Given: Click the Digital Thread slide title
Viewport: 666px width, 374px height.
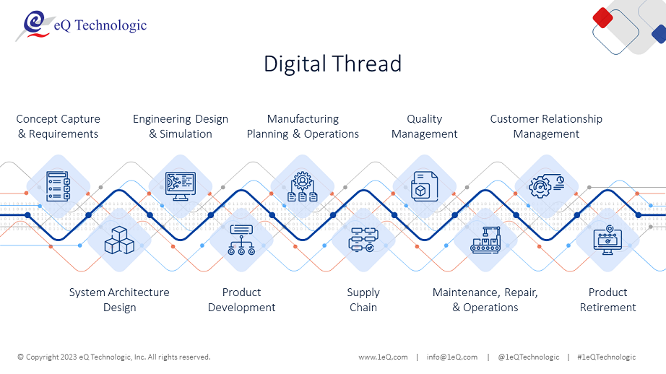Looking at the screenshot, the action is pos(332,64).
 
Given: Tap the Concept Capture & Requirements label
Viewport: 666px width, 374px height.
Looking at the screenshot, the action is pos(59,126).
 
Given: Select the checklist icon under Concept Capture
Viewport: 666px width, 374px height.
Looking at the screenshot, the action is pos(59,186).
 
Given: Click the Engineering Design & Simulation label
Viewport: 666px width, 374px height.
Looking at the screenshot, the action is pos(181,126).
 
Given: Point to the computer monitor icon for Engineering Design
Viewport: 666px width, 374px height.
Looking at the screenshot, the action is pos(181,186).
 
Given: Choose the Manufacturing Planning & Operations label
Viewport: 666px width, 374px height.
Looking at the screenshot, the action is pos(303,126).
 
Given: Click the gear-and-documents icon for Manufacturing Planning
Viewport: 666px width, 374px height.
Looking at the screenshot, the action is pos(303,186).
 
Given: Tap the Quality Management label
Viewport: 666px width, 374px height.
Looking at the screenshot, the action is pos(424,126).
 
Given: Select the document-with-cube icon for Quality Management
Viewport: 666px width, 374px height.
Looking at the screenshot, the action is pos(424,186).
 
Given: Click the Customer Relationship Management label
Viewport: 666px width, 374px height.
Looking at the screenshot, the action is pos(546,126).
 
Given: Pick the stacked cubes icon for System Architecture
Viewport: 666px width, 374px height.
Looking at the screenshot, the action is pos(119,240).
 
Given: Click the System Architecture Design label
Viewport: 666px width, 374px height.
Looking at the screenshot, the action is pos(119,300).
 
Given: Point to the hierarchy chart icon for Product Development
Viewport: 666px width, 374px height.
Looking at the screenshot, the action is pos(241,240).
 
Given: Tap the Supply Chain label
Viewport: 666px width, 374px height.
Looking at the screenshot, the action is pos(363,300).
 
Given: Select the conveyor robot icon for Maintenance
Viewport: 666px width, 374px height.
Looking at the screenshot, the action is pos(485,240).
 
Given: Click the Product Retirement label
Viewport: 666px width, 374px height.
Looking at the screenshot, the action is pos(607,300).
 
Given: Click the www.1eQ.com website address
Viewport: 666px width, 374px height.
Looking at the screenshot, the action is pos(383,357).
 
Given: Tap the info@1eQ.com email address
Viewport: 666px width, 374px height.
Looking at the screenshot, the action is pos(452,357).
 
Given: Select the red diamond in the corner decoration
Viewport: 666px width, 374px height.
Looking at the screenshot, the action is pos(602,18).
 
